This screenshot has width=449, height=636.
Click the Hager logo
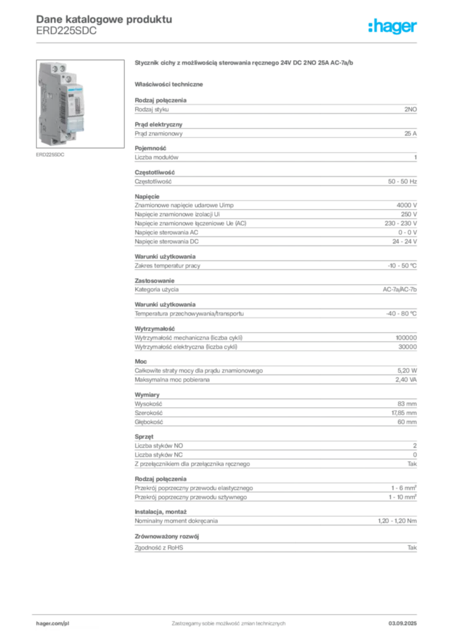pyautogui.click(x=393, y=26)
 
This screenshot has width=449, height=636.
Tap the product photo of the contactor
pyautogui.click(x=80, y=104)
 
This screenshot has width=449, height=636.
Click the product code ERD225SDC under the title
pyautogui.click(x=66, y=31)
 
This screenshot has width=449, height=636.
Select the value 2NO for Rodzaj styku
pyautogui.click(x=411, y=109)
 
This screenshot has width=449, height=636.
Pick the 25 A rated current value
pyautogui.click(x=411, y=134)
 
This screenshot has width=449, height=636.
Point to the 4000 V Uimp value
pyautogui.click(x=406, y=205)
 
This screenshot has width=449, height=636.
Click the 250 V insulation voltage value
pyautogui.click(x=409, y=214)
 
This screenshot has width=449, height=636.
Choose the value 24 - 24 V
pyautogui.click(x=404, y=242)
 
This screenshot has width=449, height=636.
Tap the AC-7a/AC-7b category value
pyautogui.click(x=399, y=289)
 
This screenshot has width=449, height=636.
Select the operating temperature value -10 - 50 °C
pyautogui.click(x=402, y=266)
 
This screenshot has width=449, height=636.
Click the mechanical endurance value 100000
pyautogui.click(x=406, y=338)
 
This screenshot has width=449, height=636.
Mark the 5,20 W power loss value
pyautogui.click(x=407, y=371)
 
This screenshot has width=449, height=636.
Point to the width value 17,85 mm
pyautogui.click(x=404, y=413)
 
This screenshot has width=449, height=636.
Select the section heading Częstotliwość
pyautogui.click(x=154, y=173)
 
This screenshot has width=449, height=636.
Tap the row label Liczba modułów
pyautogui.click(x=156, y=157)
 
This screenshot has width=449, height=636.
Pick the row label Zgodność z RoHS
pyautogui.click(x=159, y=548)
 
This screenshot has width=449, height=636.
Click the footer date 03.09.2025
pyautogui.click(x=402, y=624)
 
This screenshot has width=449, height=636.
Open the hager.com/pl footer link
pyautogui.click(x=53, y=624)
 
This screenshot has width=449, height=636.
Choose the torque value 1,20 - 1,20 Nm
pyautogui.click(x=397, y=521)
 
